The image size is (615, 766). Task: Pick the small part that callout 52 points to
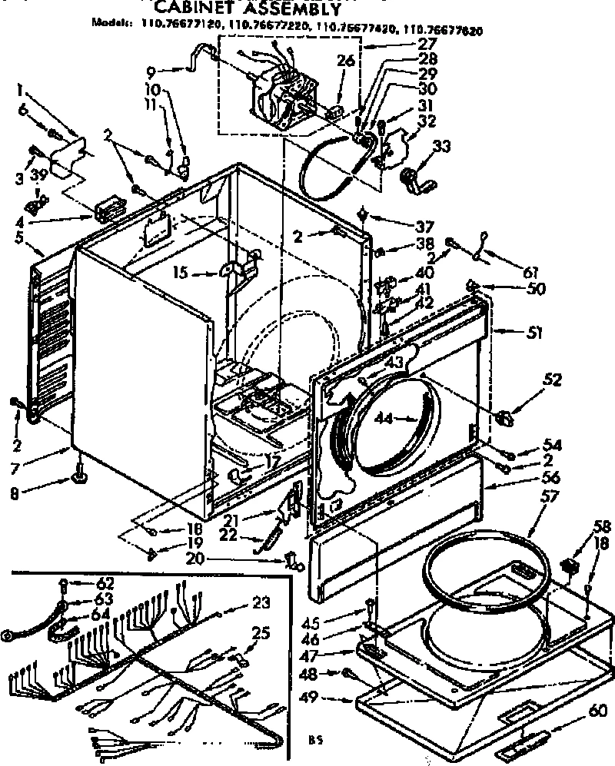click(x=504, y=417)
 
